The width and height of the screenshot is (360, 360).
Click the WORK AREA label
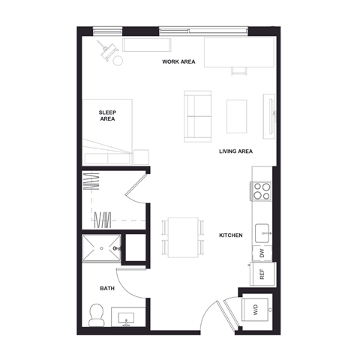[x=178, y=61]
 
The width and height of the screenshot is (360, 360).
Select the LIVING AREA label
[x=235, y=151]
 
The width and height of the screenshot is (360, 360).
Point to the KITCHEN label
[x=230, y=235]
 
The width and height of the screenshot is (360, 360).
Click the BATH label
[x=107, y=288]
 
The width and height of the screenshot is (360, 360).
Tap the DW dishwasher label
[x=262, y=253]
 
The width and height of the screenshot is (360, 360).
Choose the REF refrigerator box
[x=262, y=274]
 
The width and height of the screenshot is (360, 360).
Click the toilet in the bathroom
[x=97, y=314]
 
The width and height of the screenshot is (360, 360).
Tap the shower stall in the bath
[x=99, y=247]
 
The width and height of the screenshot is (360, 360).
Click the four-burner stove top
[x=262, y=192]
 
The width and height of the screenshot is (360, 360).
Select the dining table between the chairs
[x=183, y=237]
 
